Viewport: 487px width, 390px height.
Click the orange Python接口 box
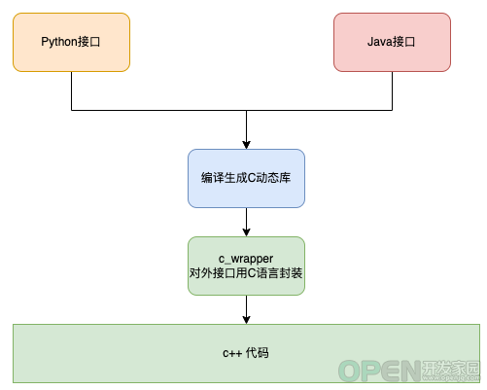[71, 42]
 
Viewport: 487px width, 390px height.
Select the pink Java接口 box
[392, 42]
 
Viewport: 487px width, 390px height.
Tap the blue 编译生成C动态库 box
[246, 178]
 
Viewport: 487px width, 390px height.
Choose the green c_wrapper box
[246, 266]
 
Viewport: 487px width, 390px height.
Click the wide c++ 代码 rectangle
[246, 353]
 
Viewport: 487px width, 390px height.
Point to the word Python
[59, 42]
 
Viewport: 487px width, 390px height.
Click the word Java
[380, 42]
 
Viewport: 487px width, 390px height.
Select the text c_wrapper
[246, 259]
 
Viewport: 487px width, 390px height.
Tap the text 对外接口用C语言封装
[246, 273]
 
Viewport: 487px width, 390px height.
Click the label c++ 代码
[246, 353]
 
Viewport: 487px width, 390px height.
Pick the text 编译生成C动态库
[246, 178]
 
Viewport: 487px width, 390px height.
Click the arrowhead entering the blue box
[246, 145]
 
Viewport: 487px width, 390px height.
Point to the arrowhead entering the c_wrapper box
[246, 232]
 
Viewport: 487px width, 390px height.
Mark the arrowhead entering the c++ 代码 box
[246, 320]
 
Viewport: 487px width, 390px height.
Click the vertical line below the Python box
[71, 91]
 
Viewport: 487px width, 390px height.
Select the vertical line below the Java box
[392, 91]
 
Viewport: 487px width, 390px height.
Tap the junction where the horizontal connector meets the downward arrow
[246, 110]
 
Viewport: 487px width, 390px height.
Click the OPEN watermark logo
[380, 372]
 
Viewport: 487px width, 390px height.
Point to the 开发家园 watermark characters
[451, 368]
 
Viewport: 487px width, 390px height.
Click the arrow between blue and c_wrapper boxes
[246, 223]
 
